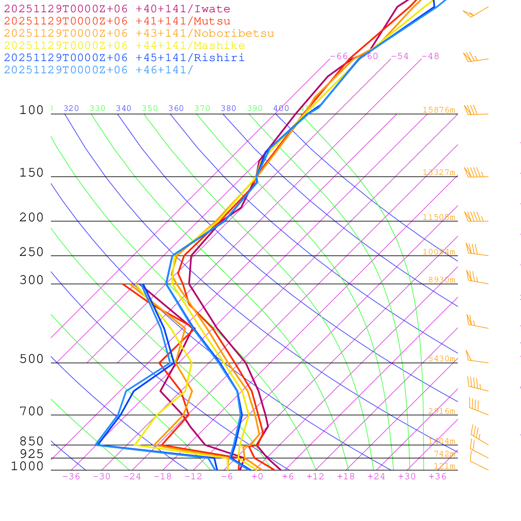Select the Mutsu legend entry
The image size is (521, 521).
117,21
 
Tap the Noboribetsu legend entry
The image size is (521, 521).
139,34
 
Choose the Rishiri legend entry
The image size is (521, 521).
124,58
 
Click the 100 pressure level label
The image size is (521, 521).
32,110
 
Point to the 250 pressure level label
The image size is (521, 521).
32,252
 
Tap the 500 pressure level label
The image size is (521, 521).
32,359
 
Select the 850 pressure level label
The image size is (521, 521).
32,441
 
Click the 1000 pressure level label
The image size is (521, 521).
27,466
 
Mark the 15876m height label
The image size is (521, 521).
439,110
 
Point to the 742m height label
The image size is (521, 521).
444,454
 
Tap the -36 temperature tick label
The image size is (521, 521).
71,477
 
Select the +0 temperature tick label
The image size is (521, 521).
257,477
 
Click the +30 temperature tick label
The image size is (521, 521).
407,477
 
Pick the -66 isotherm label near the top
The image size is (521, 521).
339,56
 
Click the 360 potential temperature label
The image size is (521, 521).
176,108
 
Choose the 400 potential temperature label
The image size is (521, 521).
281,108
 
